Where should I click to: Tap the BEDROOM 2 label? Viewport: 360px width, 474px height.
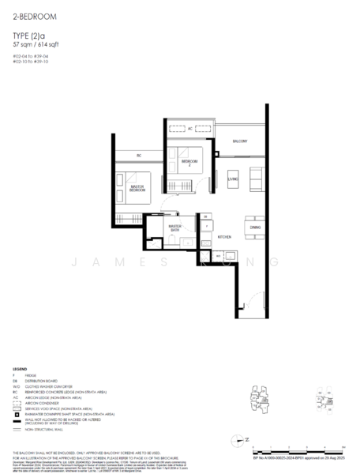pos(188,163)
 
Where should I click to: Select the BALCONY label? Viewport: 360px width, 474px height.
pos(239,141)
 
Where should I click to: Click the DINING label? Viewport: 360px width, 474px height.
pos(254,228)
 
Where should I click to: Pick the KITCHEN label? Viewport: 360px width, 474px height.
pos(224,236)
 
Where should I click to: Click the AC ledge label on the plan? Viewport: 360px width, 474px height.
pos(189,128)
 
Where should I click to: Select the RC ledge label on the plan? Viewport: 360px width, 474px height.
pos(138,154)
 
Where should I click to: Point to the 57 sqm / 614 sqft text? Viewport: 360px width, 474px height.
pos(36,44)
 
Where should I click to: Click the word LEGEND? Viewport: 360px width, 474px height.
pos(21,368)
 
